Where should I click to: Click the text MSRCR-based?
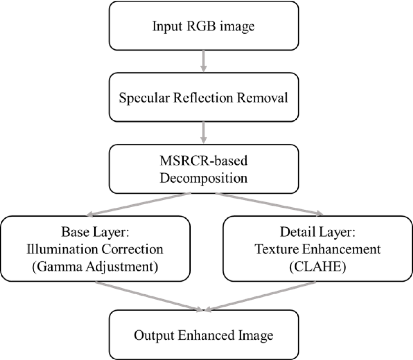pyautogui.click(x=203, y=161)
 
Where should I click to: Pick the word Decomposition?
pyautogui.click(x=203, y=178)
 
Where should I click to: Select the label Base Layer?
pyautogui.click(x=95, y=232)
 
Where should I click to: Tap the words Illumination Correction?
pyautogui.click(x=95, y=249)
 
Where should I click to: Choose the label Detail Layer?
pyautogui.click(x=317, y=232)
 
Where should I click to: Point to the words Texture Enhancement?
pyautogui.click(x=317, y=249)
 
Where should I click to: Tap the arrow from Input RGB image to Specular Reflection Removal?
pyautogui.click(x=203, y=61)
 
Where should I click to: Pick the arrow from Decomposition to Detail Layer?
pyautogui.click(x=268, y=204)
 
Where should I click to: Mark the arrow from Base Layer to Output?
pyautogui.click(x=148, y=296)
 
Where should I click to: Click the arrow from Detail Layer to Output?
pyautogui.click(x=262, y=296)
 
